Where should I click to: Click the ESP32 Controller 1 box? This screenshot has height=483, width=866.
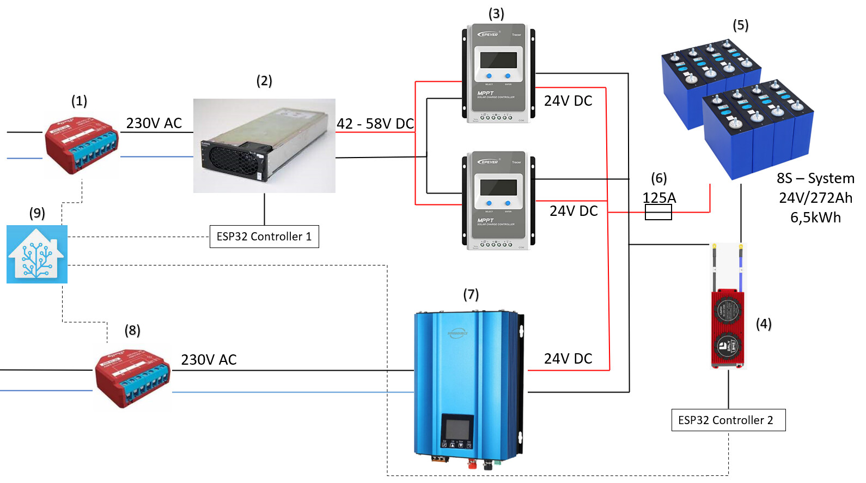(x=264, y=237)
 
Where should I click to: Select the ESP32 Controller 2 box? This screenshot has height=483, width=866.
(x=728, y=420)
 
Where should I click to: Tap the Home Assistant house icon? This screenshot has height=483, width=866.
(x=37, y=255)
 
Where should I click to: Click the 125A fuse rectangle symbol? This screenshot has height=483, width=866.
(x=658, y=213)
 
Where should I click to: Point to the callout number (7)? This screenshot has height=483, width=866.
(x=471, y=295)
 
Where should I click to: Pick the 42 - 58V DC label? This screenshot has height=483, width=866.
(x=375, y=124)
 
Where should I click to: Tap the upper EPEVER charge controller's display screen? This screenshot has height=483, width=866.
(x=498, y=60)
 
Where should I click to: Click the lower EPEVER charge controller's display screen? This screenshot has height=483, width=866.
(x=498, y=187)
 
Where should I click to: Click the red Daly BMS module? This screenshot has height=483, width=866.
(x=728, y=329)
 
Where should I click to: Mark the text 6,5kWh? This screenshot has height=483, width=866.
(x=815, y=218)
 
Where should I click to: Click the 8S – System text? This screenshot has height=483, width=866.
(x=815, y=178)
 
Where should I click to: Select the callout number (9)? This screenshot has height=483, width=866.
(x=37, y=213)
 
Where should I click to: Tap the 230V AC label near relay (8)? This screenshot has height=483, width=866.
(x=209, y=360)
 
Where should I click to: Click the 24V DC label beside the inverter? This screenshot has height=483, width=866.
(x=568, y=359)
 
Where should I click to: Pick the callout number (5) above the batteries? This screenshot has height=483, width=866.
(x=740, y=26)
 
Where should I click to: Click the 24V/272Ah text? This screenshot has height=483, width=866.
(x=815, y=198)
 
